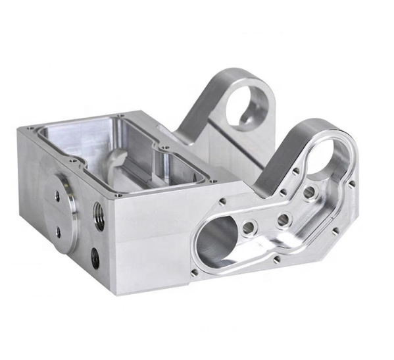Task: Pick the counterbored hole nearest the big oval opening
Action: tap(249, 228)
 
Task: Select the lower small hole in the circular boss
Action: tap(58, 232)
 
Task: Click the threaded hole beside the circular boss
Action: tap(99, 216)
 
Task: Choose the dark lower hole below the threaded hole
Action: tap(95, 257)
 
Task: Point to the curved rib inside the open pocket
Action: tap(116, 159)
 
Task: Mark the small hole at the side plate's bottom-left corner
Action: tap(194, 272)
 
